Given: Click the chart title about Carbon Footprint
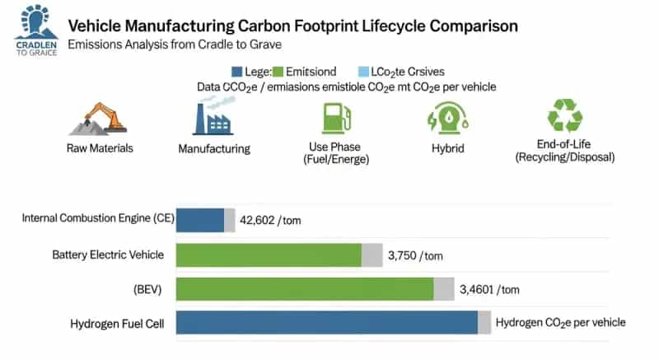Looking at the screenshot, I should (x=293, y=26).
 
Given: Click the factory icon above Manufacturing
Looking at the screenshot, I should (x=213, y=115).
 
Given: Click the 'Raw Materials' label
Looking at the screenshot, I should (x=100, y=148).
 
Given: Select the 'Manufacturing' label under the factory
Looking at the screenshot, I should (x=213, y=149).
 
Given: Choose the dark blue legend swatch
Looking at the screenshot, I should (x=237, y=72).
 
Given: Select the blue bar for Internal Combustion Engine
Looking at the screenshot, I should (x=200, y=220).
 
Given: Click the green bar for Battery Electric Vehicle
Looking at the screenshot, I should (x=269, y=255).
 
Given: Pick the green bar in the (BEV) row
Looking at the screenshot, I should (x=305, y=289).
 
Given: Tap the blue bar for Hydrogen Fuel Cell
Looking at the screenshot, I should (x=327, y=323).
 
